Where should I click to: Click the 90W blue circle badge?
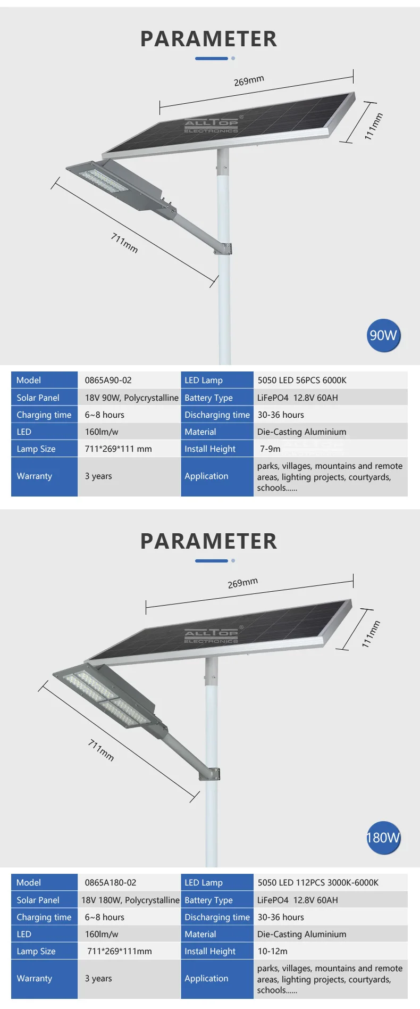coord(383,335)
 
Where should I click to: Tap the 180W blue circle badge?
coord(383,838)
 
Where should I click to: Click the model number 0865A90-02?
coord(108,380)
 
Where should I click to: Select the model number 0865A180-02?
coord(110,882)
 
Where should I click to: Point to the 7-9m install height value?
coord(270,449)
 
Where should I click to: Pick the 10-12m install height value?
coord(272,951)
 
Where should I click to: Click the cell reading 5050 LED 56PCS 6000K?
coord(302,380)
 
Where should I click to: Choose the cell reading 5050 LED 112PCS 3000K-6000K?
coord(318,882)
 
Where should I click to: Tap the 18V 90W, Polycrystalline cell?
coord(131,398)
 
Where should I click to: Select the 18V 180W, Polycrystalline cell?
coord(130,900)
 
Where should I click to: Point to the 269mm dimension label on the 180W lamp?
coord(242,583)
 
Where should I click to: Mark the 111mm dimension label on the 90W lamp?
coord(373,126)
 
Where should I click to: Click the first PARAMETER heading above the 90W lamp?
coord(208,39)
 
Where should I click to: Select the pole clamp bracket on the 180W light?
coord(213,773)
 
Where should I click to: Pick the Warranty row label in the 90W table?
coord(35,476)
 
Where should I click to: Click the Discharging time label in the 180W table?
coord(217,917)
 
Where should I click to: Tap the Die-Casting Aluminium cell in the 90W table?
coord(301,432)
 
